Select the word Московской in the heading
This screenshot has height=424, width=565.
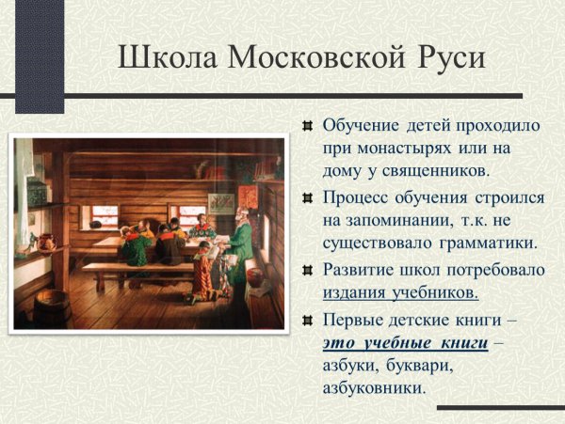click(315, 58)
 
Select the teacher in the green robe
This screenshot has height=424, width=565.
click(240, 240)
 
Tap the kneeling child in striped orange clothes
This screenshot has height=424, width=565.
click(202, 268)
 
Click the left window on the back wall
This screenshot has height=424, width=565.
click(105, 214)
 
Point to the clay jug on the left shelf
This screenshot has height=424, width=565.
click(43, 241)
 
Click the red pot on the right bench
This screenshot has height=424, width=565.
click(253, 278)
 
